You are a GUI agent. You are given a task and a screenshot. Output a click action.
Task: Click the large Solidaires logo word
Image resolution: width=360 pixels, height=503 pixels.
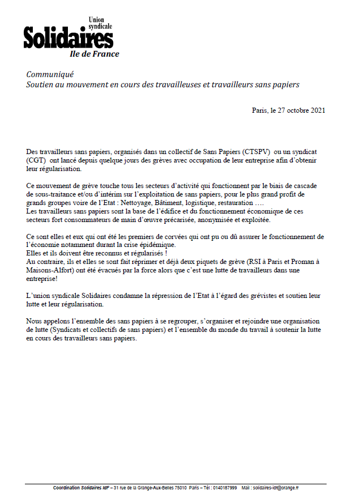click(x=68, y=38)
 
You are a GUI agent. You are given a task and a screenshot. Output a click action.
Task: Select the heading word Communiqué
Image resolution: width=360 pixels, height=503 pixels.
click(x=50, y=75)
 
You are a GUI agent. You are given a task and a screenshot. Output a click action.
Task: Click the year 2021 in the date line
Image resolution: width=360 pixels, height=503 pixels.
click(x=316, y=110)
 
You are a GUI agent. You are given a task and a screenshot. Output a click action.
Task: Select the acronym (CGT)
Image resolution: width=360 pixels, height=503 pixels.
click(x=36, y=161)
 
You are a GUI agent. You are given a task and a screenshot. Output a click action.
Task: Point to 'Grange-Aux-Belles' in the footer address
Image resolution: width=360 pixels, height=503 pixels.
click(x=155, y=488)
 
